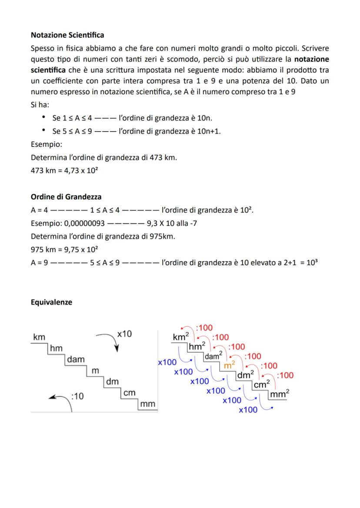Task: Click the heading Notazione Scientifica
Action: click(x=67, y=34)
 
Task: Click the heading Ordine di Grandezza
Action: click(x=66, y=196)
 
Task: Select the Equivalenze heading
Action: click(x=51, y=302)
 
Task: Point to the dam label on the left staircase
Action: click(x=76, y=359)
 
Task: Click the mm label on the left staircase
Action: click(x=147, y=404)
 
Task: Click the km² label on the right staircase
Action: click(x=180, y=337)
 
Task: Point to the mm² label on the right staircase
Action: click(x=280, y=394)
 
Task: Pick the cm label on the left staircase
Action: click(x=129, y=393)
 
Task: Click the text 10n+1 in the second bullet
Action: click(x=209, y=131)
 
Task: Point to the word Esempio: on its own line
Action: click(x=47, y=143)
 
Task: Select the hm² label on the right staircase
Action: click(x=197, y=346)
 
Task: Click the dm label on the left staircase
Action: click(x=113, y=382)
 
